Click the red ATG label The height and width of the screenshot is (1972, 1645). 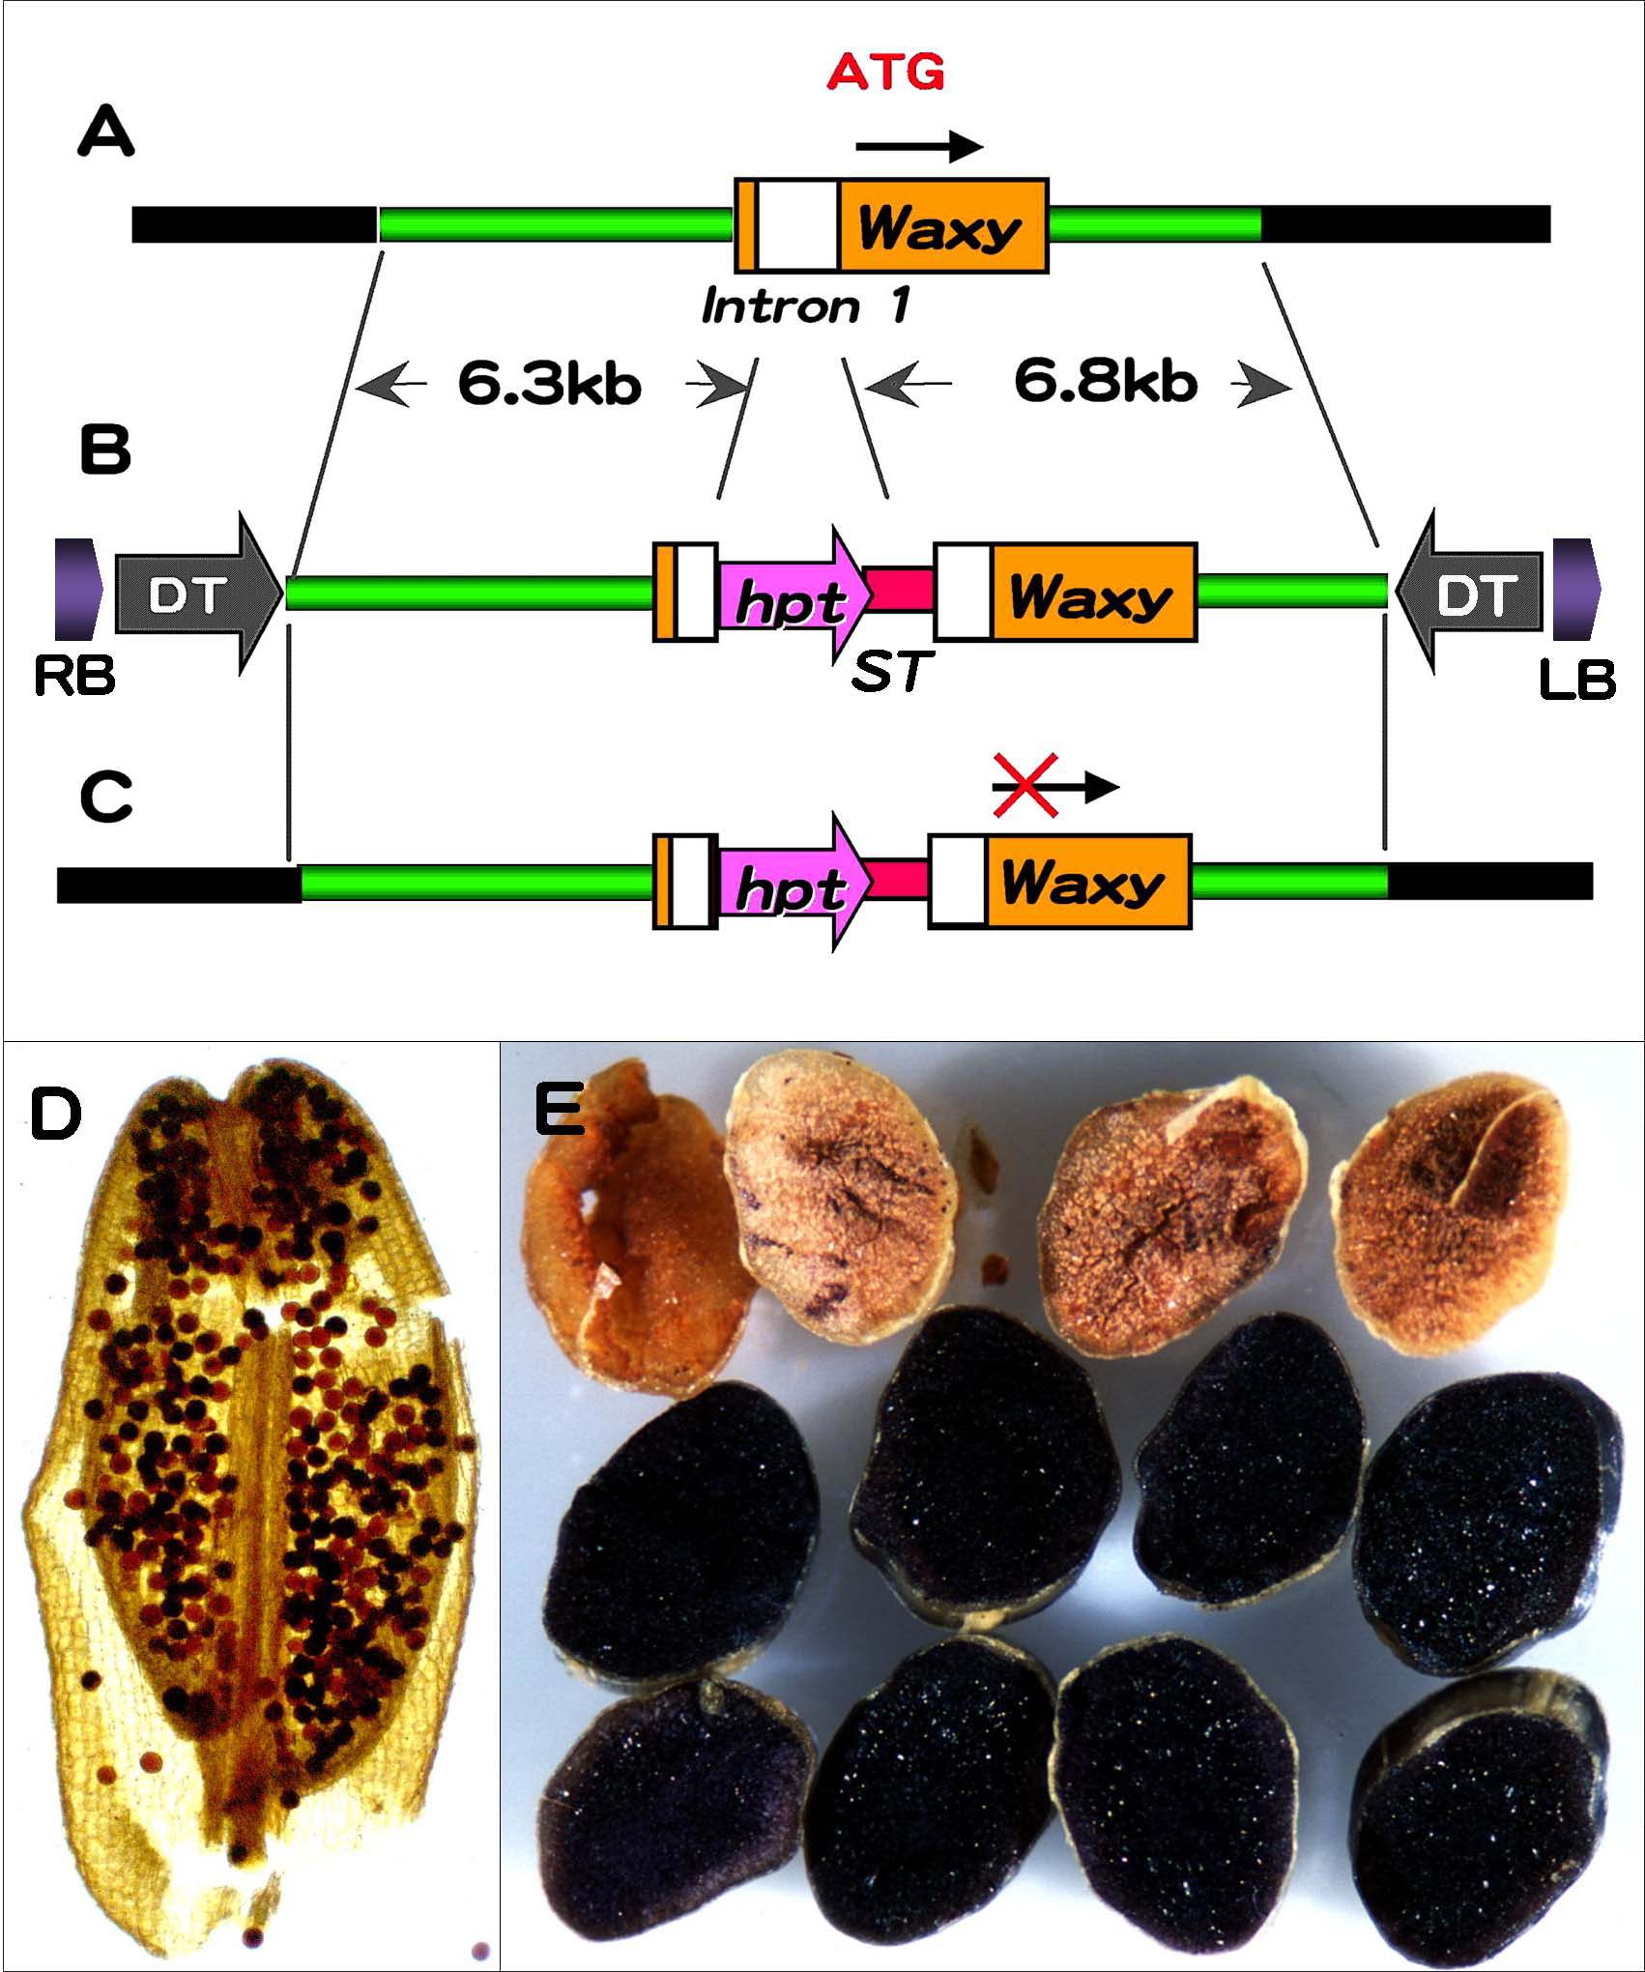coord(885,72)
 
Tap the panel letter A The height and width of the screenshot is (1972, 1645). coord(105,133)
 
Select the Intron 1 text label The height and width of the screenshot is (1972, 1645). coord(806,306)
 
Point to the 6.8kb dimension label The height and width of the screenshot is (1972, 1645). coord(1106,382)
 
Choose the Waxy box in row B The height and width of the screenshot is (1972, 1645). coord(1092,594)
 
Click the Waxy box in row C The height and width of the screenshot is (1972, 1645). coord(1086,882)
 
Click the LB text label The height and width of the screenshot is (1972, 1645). coord(1576,680)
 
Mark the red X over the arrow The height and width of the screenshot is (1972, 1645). coord(1026,786)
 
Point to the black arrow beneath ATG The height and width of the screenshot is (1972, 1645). coord(919,147)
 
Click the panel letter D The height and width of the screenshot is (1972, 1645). coord(56,1114)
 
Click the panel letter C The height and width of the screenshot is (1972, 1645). coord(105,798)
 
